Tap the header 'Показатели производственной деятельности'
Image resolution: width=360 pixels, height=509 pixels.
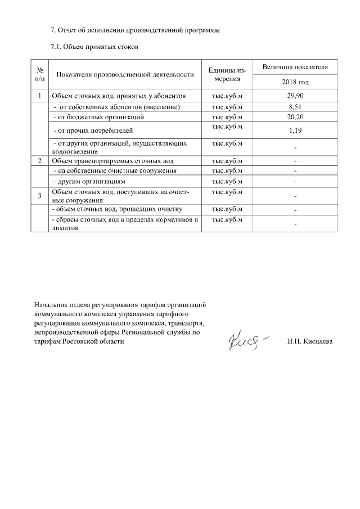coord(125,74)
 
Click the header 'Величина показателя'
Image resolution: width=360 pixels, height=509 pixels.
coord(295,67)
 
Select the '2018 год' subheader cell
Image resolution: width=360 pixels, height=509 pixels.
coord(295,82)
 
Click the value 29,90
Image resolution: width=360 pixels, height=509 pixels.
coord(295,96)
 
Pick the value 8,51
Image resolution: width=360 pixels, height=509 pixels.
coord(295,106)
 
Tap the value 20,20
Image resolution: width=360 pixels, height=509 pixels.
coord(295,117)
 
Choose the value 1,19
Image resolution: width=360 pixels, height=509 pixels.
coord(295,130)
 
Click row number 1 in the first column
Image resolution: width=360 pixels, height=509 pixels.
coord(39,96)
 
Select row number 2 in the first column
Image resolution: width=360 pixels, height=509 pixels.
coord(39,161)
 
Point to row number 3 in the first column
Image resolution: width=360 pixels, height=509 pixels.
coord(39,196)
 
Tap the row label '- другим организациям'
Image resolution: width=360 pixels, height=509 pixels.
coord(88,182)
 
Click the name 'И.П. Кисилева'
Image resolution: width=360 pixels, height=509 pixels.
coord(309,341)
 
